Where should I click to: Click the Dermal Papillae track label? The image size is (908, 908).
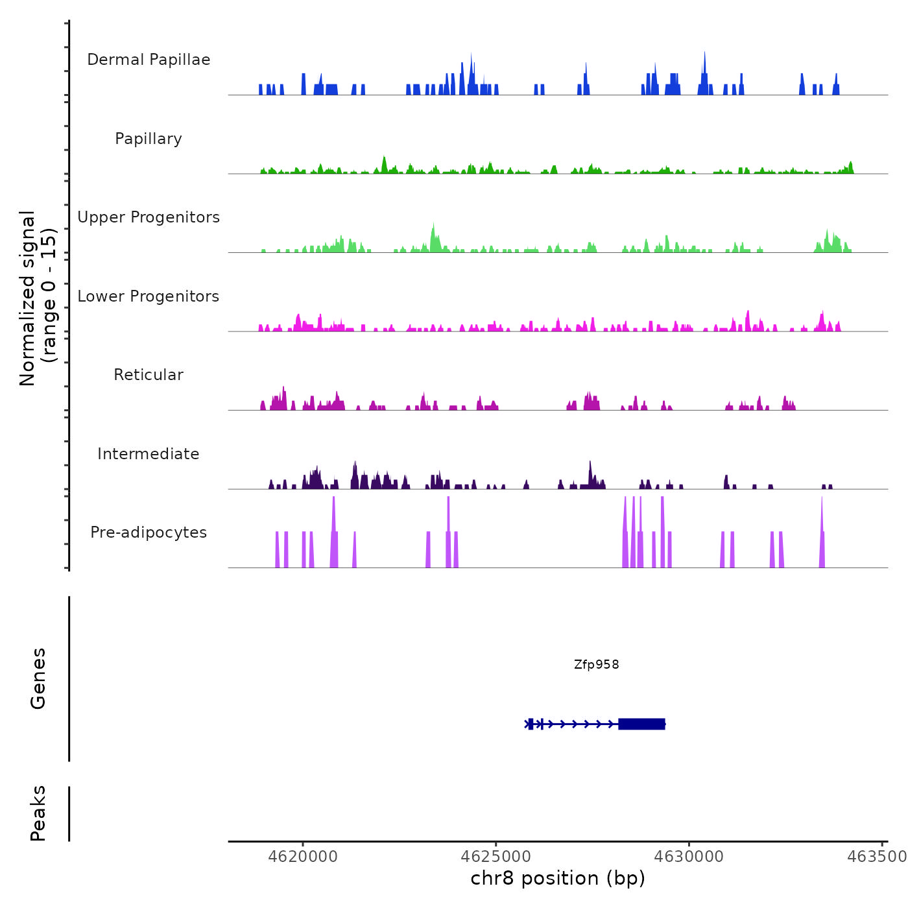point(149,60)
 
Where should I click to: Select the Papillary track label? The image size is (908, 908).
point(149,139)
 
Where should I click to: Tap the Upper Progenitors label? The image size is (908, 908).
point(149,217)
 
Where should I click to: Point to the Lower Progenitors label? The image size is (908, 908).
point(149,296)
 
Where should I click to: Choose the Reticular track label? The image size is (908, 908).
point(149,375)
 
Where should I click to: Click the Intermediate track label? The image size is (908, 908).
point(149,454)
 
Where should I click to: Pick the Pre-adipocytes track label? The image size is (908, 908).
point(149,532)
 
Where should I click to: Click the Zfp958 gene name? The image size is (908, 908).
point(596,665)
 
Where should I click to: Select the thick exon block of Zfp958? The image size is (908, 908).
point(641,724)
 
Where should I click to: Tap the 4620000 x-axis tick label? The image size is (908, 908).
point(303,857)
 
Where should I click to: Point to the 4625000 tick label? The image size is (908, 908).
point(496,857)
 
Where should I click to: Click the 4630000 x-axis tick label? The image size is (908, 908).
point(689,857)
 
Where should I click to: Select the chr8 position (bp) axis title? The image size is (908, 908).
point(558,879)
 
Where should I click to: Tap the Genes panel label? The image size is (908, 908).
point(38,678)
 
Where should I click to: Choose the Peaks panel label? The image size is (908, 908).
point(38,813)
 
